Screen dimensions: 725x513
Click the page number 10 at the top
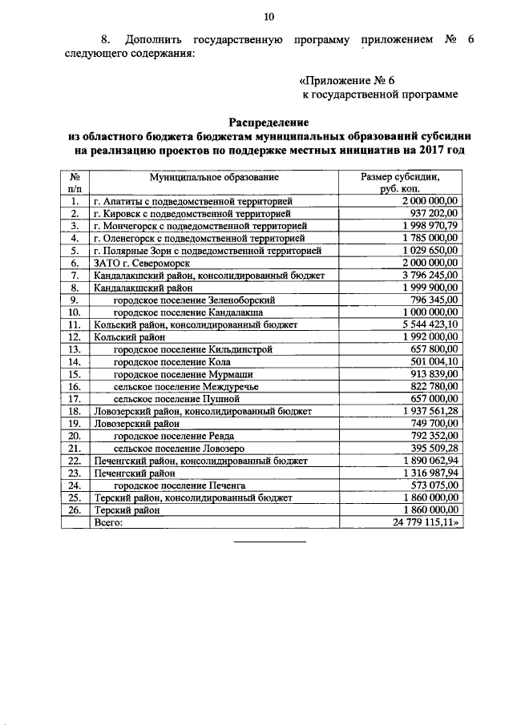point(269,16)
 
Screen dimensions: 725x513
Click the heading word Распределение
point(269,122)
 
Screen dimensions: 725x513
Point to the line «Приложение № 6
point(346,80)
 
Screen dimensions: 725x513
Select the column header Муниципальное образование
point(213,175)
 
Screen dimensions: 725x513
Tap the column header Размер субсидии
point(400,181)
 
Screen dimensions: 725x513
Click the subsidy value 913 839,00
point(431,373)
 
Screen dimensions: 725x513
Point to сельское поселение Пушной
point(177,398)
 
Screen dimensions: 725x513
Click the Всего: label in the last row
point(108,522)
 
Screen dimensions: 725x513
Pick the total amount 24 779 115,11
point(424,522)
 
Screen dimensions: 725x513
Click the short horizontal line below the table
point(269,542)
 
